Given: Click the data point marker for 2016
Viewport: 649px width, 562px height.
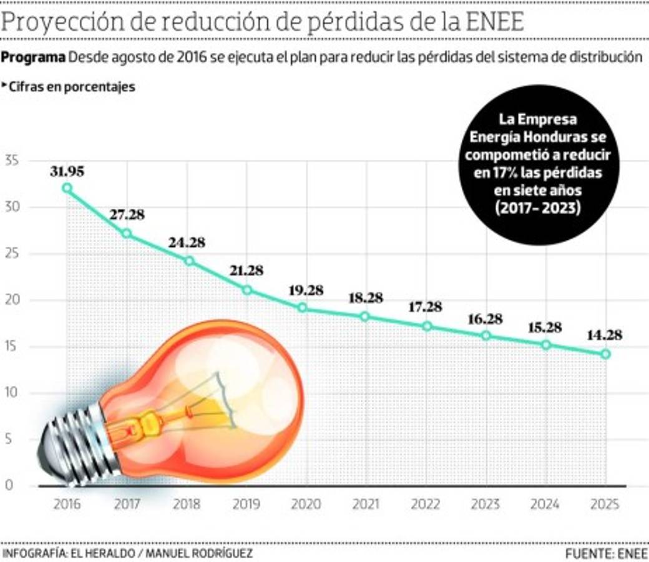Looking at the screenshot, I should tap(67, 188).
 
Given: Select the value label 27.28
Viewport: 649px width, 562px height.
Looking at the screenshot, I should tap(127, 215).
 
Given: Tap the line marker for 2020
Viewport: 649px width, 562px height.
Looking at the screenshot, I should tap(303, 307).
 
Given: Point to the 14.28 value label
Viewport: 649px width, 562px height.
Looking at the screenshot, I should tap(605, 335).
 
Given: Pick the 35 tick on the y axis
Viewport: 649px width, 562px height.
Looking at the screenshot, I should tap(12, 161).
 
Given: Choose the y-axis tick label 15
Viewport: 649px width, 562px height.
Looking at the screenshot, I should tap(12, 347).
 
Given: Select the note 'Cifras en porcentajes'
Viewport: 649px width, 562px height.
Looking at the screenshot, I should tap(71, 87).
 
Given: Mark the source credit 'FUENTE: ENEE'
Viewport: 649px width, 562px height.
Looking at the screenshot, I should tap(606, 554).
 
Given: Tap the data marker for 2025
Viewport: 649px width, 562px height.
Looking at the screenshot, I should tap(605, 354).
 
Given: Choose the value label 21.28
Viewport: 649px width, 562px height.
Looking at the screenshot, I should tap(246, 271).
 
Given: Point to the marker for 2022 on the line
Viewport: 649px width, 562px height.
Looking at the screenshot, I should tap(427, 326).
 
